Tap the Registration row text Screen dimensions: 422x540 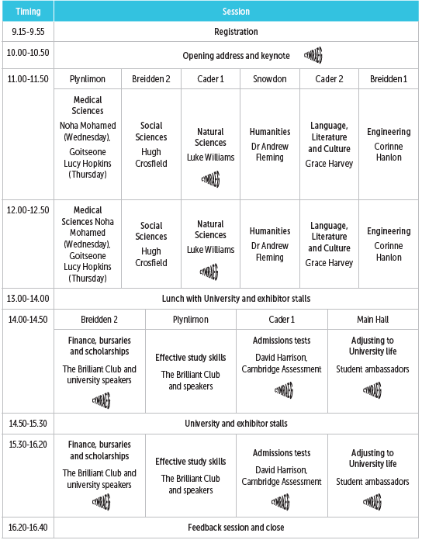tap(236, 32)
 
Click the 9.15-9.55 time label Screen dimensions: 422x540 tap(28, 32)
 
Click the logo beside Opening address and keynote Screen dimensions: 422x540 tap(313, 55)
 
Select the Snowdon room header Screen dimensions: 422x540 tap(269, 79)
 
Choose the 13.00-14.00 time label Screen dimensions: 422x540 tap(28, 297)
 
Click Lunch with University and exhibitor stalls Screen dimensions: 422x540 tap(236, 297)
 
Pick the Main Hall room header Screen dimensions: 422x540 tap(372, 319)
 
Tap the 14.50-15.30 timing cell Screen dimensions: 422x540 tap(28, 424)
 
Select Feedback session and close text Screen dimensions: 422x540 tap(236, 528)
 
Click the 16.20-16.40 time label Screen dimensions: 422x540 tap(28, 528)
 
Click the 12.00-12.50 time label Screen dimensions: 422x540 tap(28, 209)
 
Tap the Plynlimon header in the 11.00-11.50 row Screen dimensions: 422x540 tap(87, 79)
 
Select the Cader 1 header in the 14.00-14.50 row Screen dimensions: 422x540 tap(281, 319)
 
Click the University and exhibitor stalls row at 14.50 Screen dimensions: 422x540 tap(236, 424)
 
